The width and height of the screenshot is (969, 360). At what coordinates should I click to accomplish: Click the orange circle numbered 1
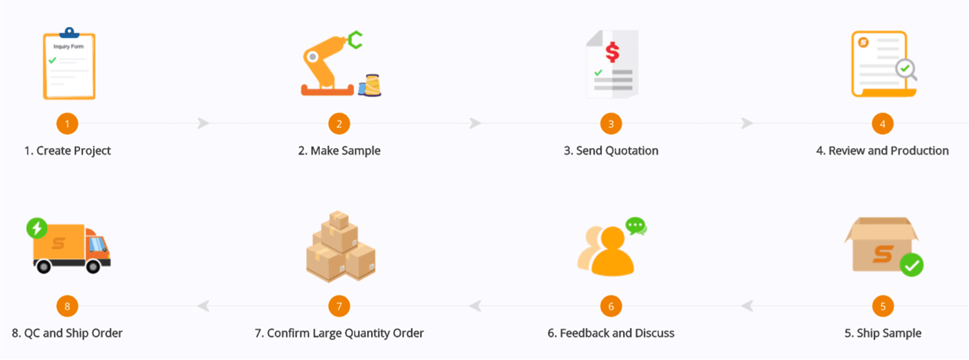click(67, 124)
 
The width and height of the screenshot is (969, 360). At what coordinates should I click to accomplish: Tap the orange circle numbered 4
click(883, 124)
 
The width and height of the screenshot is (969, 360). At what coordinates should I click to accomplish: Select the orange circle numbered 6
click(611, 306)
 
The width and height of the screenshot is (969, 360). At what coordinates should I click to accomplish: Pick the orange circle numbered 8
click(67, 306)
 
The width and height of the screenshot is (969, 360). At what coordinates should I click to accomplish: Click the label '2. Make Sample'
click(339, 150)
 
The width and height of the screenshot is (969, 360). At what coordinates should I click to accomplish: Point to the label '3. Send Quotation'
click(611, 150)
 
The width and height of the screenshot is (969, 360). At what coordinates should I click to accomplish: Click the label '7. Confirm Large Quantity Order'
click(339, 333)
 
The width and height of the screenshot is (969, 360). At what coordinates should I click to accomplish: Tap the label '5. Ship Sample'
click(883, 333)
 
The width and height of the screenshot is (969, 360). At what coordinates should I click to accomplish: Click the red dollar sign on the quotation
click(613, 52)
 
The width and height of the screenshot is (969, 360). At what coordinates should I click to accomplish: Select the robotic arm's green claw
click(355, 40)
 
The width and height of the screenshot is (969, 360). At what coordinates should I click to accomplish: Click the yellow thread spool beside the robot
click(372, 85)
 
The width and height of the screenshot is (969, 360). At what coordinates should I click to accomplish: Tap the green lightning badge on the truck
click(37, 228)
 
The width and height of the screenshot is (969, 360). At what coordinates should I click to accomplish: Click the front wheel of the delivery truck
click(93, 266)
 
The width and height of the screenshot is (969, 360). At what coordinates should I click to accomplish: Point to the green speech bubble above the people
click(636, 226)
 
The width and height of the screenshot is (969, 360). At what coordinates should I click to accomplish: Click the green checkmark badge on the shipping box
click(911, 265)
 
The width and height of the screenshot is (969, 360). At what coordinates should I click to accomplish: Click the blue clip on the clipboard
click(69, 33)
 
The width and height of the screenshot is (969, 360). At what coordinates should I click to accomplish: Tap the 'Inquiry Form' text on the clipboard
click(69, 46)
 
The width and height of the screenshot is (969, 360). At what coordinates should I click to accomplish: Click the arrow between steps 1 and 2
click(203, 123)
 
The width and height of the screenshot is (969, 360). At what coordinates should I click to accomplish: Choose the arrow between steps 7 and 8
click(203, 306)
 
